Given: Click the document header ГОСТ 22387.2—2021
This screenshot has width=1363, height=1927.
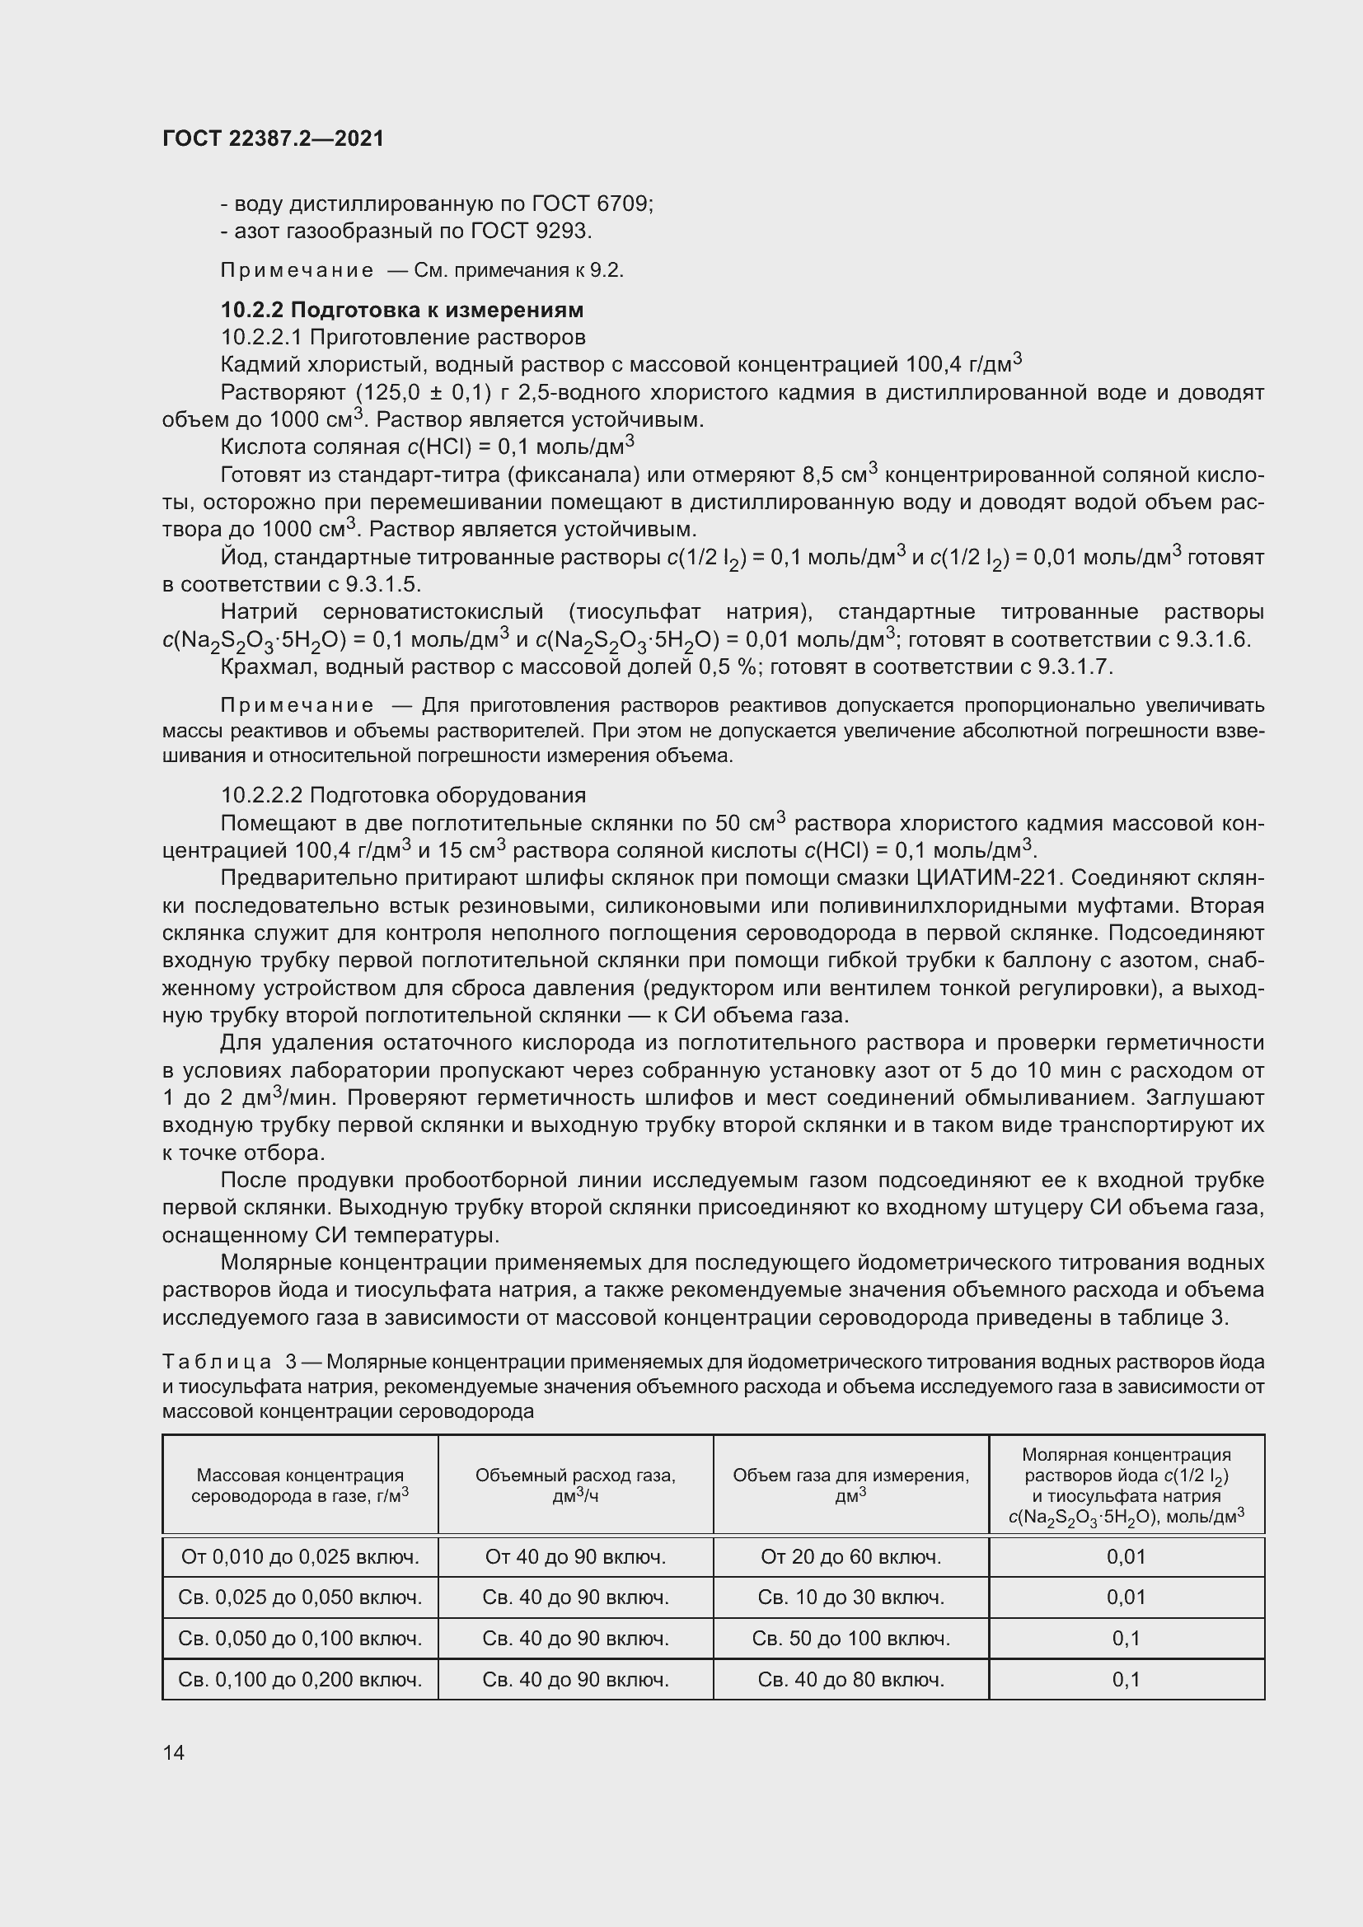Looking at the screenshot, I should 273,138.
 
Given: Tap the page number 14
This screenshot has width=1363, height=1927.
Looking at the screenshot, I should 174,1752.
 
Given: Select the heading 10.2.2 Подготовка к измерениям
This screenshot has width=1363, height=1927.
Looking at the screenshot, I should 402,310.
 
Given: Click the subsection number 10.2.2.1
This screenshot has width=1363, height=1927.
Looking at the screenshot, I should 262,338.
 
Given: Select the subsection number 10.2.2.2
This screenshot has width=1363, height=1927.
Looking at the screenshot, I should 262,795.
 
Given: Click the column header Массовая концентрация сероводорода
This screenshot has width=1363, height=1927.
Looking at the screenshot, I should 300,1485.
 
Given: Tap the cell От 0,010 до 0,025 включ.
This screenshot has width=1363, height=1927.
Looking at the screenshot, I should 300,1557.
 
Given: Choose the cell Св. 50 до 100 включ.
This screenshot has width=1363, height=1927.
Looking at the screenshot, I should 850,1638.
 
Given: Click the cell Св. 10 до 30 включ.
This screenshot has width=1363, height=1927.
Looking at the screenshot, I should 850,1597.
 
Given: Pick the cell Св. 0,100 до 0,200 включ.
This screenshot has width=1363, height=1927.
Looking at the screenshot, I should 300,1679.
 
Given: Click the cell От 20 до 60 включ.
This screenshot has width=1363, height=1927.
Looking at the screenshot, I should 850,1557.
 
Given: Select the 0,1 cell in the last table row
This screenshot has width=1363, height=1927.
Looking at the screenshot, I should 1126,1679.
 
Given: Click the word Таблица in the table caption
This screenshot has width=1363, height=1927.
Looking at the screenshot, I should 216,1361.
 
